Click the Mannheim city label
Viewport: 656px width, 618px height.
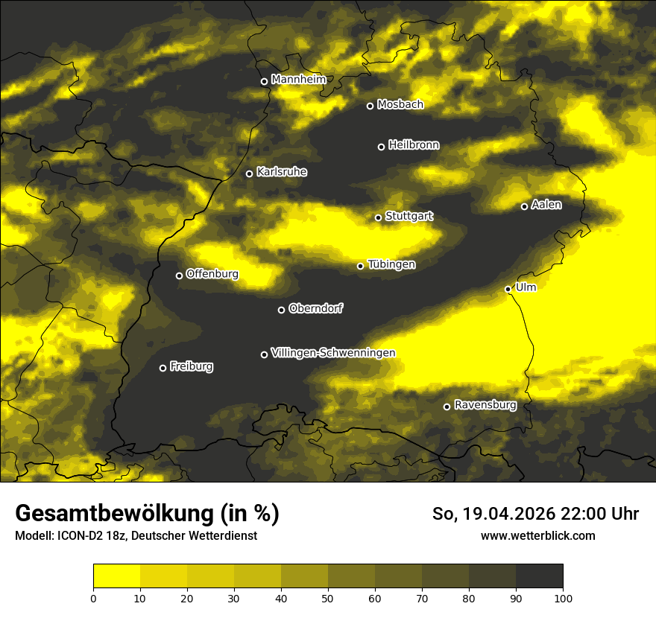[298, 80]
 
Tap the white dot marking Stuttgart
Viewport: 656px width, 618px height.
[378, 217]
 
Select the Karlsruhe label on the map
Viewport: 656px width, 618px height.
[281, 172]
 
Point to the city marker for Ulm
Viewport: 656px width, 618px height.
[508, 289]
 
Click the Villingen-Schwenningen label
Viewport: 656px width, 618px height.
[333, 353]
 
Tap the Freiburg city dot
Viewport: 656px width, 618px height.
[163, 368]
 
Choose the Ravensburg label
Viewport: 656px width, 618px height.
[485, 405]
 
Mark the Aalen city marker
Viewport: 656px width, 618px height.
[524, 206]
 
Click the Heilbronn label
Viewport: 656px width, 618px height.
[414, 145]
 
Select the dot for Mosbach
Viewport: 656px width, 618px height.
[370, 106]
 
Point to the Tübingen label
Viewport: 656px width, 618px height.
[391, 264]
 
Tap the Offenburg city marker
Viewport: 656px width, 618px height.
[179, 275]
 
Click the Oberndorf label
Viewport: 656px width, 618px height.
[315, 308]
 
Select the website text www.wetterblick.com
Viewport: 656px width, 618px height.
[537, 535]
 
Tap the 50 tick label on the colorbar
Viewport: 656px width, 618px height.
[328, 597]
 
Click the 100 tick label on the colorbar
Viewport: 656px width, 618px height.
[563, 597]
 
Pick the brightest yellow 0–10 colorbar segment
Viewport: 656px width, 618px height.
[116, 576]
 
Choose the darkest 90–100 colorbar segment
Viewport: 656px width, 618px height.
[539, 576]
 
